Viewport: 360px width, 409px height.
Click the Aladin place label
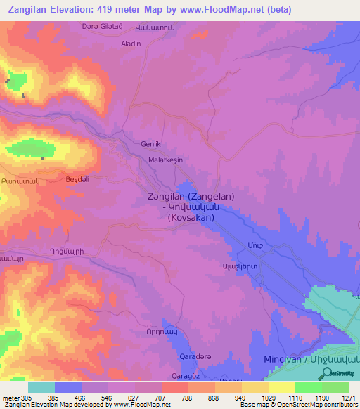131,44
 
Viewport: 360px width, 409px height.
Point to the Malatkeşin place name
165,160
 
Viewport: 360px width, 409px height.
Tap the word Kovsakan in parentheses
191,218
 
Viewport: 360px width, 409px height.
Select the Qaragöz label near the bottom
187,377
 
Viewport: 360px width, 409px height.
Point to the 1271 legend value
349,398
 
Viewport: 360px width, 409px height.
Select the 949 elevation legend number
242,398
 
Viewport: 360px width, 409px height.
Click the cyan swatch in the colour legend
41,387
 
